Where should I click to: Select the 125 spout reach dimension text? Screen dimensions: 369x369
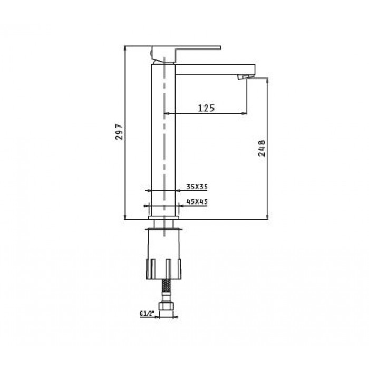(206, 108)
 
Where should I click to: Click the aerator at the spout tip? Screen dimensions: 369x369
(246, 79)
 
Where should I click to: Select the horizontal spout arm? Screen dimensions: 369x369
(211, 69)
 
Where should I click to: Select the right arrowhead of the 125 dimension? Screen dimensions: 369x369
(244, 113)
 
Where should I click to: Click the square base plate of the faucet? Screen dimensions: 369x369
(164, 216)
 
